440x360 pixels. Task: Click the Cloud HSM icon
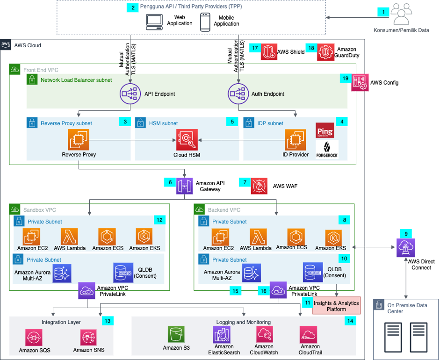click(x=187, y=139)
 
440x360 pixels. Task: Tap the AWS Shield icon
click(x=269, y=51)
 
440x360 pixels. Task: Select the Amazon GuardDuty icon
click(x=326, y=51)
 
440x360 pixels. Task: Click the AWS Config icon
click(x=361, y=83)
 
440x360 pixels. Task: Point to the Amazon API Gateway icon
click(x=185, y=186)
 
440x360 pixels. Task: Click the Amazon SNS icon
click(x=89, y=337)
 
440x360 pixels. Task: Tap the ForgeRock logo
click(x=327, y=149)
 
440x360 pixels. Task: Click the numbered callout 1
click(x=383, y=12)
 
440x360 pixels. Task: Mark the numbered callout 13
click(x=107, y=321)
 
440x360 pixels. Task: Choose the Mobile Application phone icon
click(x=205, y=22)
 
